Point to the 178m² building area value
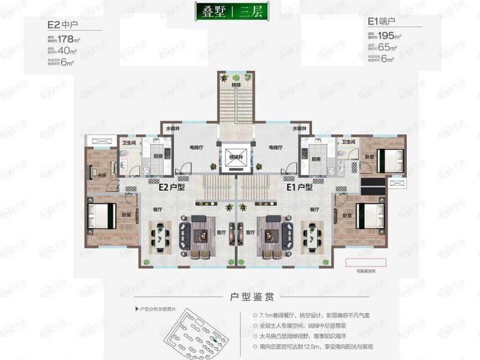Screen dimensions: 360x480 (73, 40)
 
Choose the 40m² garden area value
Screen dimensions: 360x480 (70, 52)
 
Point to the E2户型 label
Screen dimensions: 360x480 (171, 187)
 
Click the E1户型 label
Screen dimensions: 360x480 (299, 187)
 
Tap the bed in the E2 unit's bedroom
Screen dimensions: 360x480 (101, 217)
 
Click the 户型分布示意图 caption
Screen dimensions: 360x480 (158, 309)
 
